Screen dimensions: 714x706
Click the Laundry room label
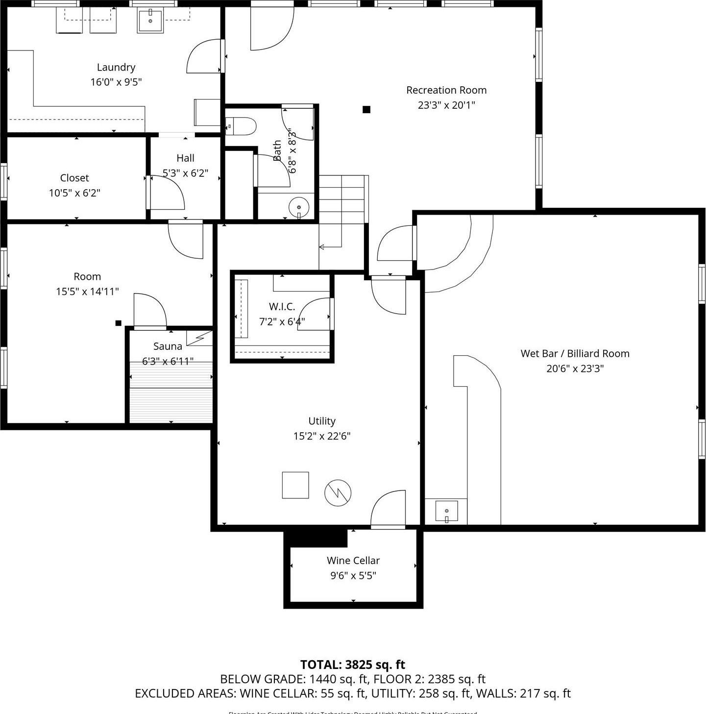pyautogui.click(x=116, y=67)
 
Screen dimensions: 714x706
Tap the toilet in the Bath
pyautogui.click(x=242, y=126)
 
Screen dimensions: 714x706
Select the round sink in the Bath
pyautogui.click(x=298, y=207)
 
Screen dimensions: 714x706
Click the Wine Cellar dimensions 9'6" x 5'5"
pyautogui.click(x=353, y=575)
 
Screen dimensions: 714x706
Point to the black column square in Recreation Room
pyautogui.click(x=366, y=109)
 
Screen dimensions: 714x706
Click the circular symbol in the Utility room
pyautogui.click(x=338, y=492)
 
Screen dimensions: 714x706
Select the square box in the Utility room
pyautogui.click(x=295, y=485)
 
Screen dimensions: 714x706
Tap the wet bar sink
pyautogui.click(x=446, y=511)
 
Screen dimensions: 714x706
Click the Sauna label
pyautogui.click(x=168, y=346)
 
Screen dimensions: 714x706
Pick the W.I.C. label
pyautogui.click(x=282, y=307)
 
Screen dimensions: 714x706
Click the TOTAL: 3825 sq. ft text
pyautogui.click(x=352, y=665)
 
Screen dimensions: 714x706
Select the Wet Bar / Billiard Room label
pyautogui.click(x=575, y=353)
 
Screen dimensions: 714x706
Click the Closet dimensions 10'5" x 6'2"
pyautogui.click(x=74, y=193)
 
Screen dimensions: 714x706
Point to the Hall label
pyautogui.click(x=185, y=158)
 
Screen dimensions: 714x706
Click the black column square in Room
pyautogui.click(x=118, y=323)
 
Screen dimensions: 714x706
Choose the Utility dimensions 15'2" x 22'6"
pyautogui.click(x=322, y=436)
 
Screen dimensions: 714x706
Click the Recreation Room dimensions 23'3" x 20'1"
pyautogui.click(x=446, y=105)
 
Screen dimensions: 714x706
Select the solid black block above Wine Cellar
pyautogui.click(x=316, y=538)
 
